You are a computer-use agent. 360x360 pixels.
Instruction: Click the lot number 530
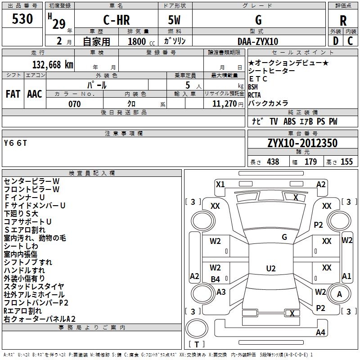pos(22,19)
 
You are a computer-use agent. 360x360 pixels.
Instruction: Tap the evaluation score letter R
pos(343,21)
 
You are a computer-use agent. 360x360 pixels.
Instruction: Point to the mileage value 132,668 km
pos(53,65)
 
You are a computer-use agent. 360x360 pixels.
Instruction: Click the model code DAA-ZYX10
pos(258,41)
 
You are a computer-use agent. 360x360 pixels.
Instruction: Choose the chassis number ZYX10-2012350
pos(302,143)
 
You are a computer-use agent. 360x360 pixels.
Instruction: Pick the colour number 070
pos(74,104)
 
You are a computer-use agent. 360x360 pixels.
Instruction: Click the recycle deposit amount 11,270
pos(224,104)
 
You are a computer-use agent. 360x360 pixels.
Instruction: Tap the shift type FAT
pos(13,94)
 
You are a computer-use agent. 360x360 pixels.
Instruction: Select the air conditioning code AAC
pos(35,94)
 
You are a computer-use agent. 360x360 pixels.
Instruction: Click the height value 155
pos(346,162)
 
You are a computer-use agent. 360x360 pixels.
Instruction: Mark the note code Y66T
pos(16,143)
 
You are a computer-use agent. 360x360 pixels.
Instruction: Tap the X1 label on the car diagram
pos(220,184)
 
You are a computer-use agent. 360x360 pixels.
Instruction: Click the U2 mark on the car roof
pos(270,269)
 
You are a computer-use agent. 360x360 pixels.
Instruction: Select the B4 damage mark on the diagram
pos(215,279)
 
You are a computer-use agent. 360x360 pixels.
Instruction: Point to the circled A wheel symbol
pos(340,294)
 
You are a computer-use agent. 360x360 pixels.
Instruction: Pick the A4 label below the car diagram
pos(320,333)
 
